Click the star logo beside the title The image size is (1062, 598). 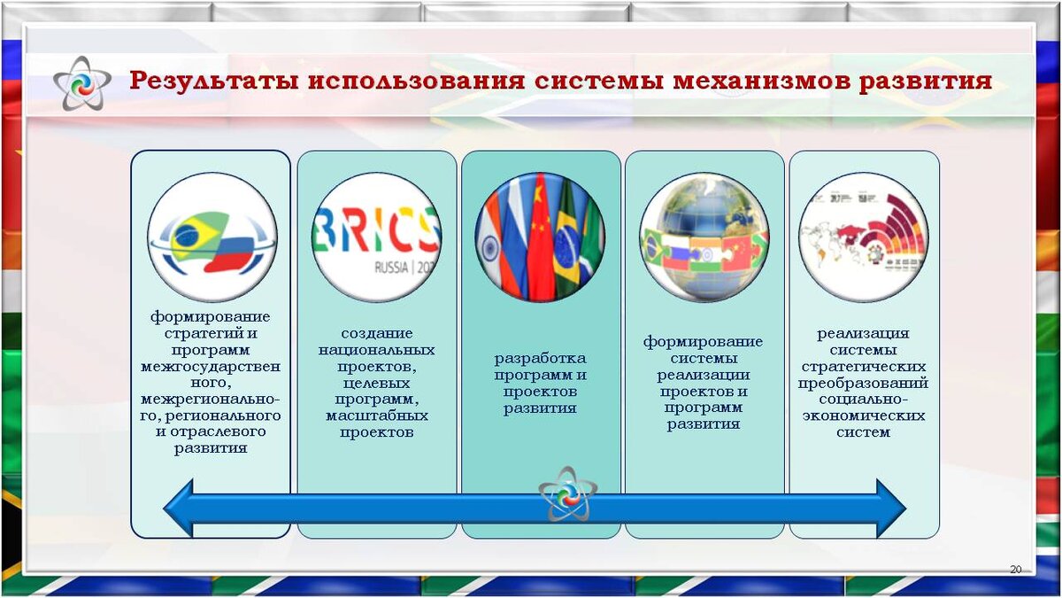coord(81,83)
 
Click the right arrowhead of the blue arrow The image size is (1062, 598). coord(889,508)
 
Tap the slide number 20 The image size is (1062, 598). coord(1015,569)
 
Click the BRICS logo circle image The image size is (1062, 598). coord(376,237)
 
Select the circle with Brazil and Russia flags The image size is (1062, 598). coord(212,237)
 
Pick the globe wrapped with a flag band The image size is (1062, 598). coord(704,237)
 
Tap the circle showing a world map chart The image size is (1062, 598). coord(863,237)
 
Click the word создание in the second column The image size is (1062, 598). coord(377,334)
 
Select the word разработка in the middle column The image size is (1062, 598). coord(540,359)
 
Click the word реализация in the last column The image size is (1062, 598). coord(863,333)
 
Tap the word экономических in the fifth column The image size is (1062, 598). coord(863,415)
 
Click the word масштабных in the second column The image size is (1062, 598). coord(377,415)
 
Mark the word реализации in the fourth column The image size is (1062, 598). coord(704,374)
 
